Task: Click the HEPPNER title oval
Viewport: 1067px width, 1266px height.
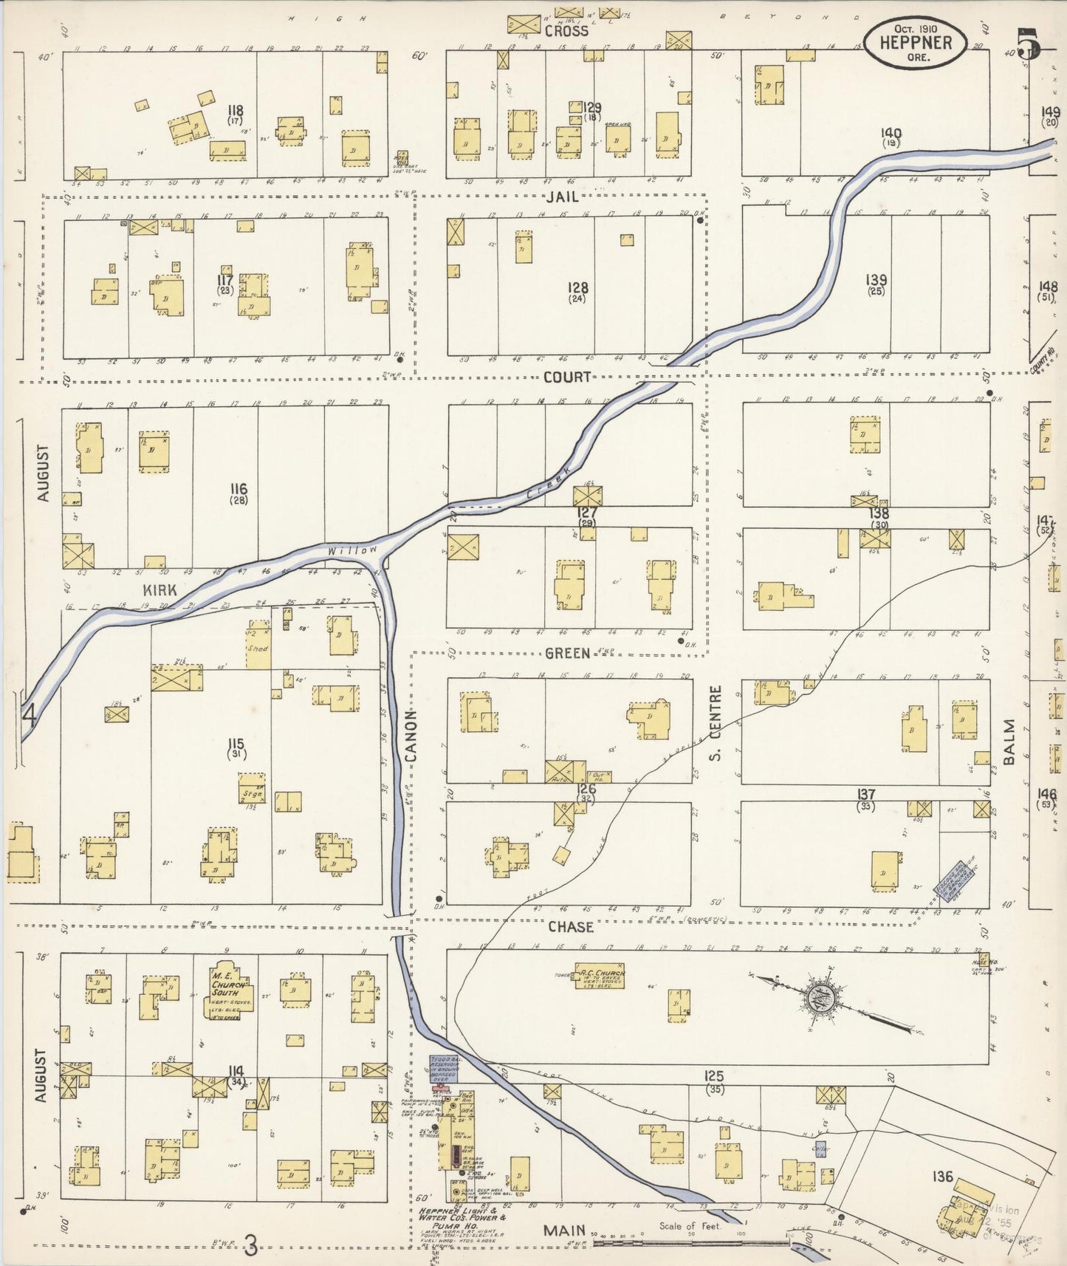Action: pos(915,43)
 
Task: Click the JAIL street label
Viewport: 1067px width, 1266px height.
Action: pos(563,196)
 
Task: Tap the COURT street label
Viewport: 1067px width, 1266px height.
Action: pos(567,377)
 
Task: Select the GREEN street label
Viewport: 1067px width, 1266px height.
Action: pos(567,653)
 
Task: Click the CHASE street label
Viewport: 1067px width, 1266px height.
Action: pos(570,926)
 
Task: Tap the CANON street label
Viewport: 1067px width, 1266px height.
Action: pos(411,736)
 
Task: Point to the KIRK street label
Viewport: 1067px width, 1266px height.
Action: pos(159,590)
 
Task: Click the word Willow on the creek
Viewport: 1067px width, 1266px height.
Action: pos(352,550)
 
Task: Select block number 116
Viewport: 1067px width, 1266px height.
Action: pos(238,489)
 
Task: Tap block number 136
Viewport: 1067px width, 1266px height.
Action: pos(942,1177)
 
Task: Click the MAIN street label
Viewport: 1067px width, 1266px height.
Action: pos(564,1231)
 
